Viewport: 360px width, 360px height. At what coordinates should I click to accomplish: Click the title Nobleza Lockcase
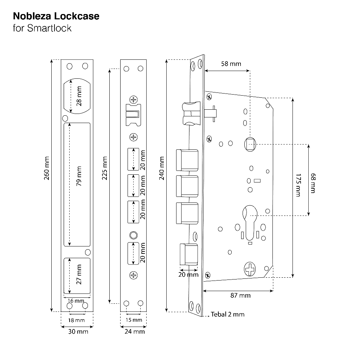[x=56, y=16]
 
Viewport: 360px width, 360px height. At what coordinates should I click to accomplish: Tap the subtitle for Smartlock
[x=42, y=28]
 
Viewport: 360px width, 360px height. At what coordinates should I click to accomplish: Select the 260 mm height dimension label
[x=47, y=168]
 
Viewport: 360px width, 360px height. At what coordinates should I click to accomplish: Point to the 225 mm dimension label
[x=104, y=168]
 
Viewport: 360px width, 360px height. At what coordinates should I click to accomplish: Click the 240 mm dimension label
[x=162, y=168]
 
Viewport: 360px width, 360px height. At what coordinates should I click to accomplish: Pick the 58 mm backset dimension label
[x=231, y=64]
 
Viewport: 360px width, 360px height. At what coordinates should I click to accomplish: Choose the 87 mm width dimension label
[x=240, y=295]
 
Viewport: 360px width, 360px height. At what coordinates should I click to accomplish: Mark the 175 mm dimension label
[x=298, y=185]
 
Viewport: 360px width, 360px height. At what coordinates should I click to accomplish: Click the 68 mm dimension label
[x=313, y=183]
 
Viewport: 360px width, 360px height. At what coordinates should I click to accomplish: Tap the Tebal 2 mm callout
[x=227, y=314]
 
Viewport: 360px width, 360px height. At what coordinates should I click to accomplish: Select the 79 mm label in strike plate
[x=79, y=176]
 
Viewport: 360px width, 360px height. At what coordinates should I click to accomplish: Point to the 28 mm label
[x=79, y=96]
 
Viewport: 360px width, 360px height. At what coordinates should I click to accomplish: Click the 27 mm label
[x=79, y=274]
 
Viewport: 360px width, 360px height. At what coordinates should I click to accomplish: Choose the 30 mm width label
[x=78, y=332]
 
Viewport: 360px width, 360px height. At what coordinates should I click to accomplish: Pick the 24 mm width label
[x=135, y=332]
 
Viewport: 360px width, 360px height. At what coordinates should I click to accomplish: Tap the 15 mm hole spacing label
[x=134, y=320]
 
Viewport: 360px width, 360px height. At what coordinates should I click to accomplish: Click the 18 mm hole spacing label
[x=76, y=320]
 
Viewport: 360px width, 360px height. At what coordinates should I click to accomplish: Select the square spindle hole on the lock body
[x=250, y=144]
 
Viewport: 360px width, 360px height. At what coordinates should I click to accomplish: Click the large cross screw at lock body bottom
[x=250, y=269]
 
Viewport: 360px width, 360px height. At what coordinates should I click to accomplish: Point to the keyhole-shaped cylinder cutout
[x=250, y=223]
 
